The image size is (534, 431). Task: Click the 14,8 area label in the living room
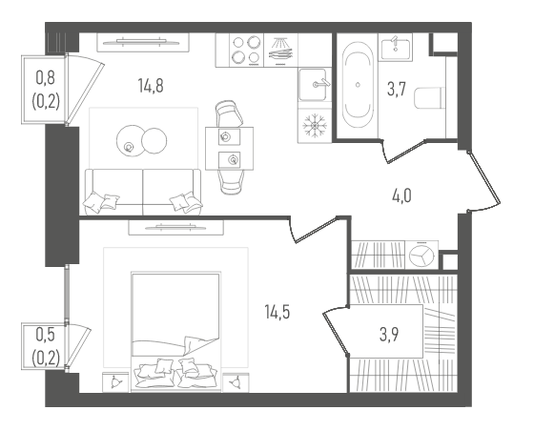[151, 86]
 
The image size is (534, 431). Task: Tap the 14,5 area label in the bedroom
[277, 312]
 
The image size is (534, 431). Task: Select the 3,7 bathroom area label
[397, 90]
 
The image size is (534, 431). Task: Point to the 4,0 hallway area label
[401, 195]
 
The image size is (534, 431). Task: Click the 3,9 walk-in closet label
[389, 335]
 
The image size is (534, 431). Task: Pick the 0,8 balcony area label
[46, 78]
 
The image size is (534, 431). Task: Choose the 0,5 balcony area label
[46, 335]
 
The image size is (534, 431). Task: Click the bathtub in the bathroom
[358, 85]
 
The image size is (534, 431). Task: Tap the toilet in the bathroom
[430, 98]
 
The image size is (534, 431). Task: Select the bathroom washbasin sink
[395, 48]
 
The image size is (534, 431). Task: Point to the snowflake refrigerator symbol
[315, 126]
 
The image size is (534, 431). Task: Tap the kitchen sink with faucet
[315, 85]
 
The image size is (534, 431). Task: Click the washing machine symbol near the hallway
[421, 255]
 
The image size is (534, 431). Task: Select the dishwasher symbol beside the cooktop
[280, 50]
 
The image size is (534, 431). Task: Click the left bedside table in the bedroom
[115, 382]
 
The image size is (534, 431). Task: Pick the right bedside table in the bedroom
[236, 382]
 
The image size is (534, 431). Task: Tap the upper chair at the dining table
[229, 113]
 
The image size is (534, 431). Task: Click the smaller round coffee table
[154, 141]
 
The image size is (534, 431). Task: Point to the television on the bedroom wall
[175, 227]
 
